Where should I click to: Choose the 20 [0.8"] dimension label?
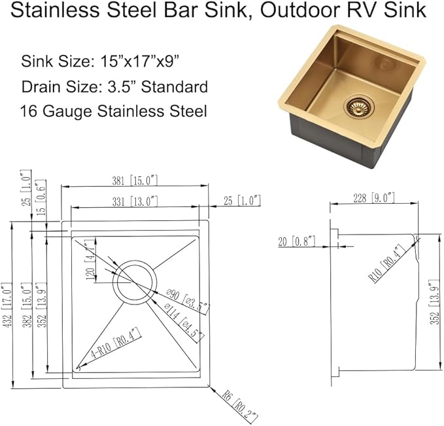[296, 242]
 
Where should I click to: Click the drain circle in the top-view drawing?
[135, 281]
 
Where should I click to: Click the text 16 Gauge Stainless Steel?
[114, 110]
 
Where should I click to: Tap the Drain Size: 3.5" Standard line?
[114, 86]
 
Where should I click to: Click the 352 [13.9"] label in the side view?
[435, 314]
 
